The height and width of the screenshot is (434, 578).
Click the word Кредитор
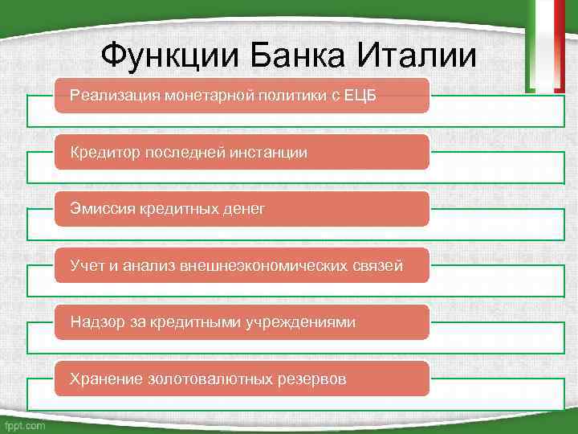point(104,153)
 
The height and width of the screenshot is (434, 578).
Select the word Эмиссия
point(102,209)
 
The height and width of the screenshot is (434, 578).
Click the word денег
point(241,209)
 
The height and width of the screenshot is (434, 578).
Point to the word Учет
point(85,265)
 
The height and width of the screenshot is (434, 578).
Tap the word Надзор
point(96,321)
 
